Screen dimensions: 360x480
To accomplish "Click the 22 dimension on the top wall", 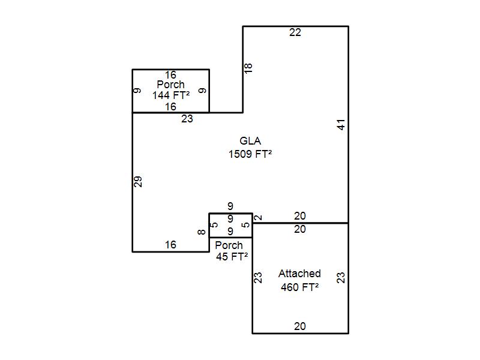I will [x=295, y=33].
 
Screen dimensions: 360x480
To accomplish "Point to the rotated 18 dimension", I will [x=249, y=68].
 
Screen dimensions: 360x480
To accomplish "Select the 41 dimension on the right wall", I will [x=341, y=125].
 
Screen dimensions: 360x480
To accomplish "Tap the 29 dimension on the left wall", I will [x=139, y=181].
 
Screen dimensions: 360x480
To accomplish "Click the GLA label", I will [x=250, y=141].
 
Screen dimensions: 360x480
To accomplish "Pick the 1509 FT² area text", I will [x=250, y=154].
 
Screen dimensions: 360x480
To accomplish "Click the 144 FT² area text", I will [x=170, y=95].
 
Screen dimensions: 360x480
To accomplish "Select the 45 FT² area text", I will [x=232, y=257].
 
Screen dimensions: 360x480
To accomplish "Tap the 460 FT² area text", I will [x=299, y=287].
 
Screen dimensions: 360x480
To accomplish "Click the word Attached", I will [x=299, y=274].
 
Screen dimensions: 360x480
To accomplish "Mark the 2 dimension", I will [x=259, y=217].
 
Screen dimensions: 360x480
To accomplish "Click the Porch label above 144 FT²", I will [x=170, y=85].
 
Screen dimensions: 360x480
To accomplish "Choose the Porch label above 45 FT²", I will [x=229, y=245].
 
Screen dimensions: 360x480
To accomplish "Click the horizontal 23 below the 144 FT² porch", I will [x=187, y=119].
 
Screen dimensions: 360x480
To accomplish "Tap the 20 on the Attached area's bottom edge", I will [x=299, y=326].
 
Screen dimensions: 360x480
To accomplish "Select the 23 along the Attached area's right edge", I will [x=341, y=278].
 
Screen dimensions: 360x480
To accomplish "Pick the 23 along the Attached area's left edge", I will [x=259, y=278].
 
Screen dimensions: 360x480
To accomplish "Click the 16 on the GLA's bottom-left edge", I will [x=170, y=245].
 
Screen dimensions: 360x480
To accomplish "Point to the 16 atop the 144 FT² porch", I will [x=170, y=75].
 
